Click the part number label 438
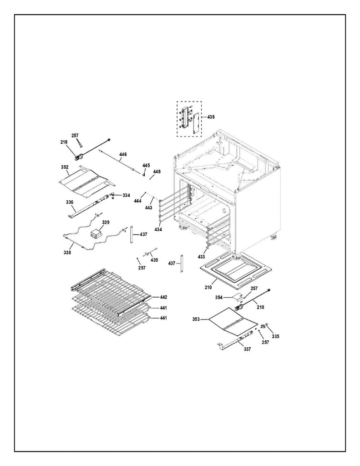[x=211, y=117]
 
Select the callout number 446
[x=123, y=154]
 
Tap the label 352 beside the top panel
[x=64, y=167]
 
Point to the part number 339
[x=106, y=222]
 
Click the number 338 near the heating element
[x=67, y=252]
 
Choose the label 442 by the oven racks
[x=163, y=297]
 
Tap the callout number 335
[x=276, y=336]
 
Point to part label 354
[x=219, y=297]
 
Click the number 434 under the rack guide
[x=157, y=229]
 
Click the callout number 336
[x=70, y=201]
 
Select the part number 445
[x=146, y=165]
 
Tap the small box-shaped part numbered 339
[x=96, y=233]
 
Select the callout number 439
[x=154, y=260]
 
